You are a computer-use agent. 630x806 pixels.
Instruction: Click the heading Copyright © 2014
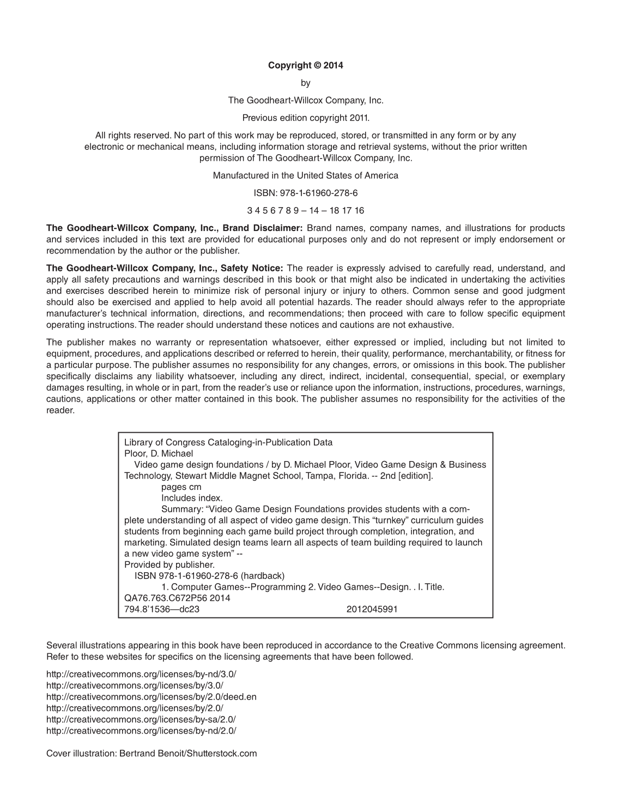point(305,65)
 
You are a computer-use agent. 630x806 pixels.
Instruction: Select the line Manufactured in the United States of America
point(305,175)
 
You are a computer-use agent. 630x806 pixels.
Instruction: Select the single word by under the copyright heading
point(305,83)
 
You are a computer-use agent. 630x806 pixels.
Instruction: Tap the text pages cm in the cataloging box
point(181,487)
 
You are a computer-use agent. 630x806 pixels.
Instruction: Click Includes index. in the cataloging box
point(192,498)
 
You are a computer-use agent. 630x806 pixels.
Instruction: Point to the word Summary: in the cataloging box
point(180,509)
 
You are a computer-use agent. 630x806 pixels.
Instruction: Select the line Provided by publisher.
point(169,565)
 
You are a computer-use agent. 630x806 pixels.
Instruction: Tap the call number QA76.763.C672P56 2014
point(177,598)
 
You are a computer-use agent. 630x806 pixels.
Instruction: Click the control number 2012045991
point(372,609)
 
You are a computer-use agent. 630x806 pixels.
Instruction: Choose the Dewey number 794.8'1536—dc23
point(162,609)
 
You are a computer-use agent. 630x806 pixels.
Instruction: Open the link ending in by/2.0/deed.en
point(152,696)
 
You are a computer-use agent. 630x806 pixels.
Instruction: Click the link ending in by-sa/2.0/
point(141,719)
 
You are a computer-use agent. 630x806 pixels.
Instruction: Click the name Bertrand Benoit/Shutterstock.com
point(188,754)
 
